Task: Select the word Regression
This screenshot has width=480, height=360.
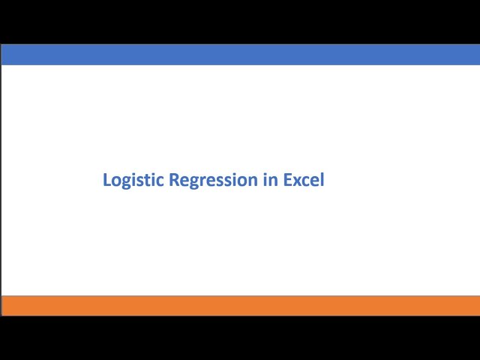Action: [x=213, y=180]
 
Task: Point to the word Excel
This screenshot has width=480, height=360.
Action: [x=304, y=179]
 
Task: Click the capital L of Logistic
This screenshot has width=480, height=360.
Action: [x=107, y=180]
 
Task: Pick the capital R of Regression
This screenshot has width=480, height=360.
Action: [x=174, y=180]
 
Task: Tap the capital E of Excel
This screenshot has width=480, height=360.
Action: [x=288, y=180]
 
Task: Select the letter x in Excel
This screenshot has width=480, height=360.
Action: [x=298, y=181]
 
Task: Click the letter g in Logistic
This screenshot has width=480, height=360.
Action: [x=127, y=183]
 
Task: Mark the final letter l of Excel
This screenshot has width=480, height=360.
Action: [x=322, y=179]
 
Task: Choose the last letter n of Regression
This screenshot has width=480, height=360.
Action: [x=253, y=181]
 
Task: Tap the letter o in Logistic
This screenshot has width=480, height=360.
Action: [x=117, y=181]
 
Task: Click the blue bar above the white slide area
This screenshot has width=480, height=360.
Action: [x=241, y=55]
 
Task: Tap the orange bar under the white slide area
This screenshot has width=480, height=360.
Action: [x=241, y=306]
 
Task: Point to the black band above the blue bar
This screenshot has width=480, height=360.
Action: [x=240, y=22]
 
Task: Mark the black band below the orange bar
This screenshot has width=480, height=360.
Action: [x=240, y=338]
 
